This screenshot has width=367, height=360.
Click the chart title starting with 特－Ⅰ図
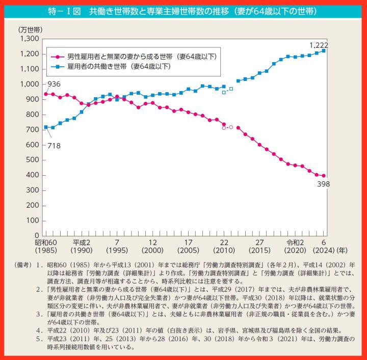pyautogui.click(x=183, y=11)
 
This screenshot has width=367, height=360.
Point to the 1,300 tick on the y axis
pyautogui.click(x=29, y=39)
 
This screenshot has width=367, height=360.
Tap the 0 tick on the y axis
pyautogui.click(x=37, y=236)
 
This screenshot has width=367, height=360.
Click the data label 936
pyautogui.click(x=55, y=84)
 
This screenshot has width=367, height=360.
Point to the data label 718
pyautogui.click(x=55, y=146)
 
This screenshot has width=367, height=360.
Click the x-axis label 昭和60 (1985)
pyautogui.click(x=45, y=246)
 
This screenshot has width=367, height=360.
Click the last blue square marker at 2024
pyautogui.click(x=324, y=50)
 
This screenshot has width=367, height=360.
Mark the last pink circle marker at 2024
pyautogui.click(x=324, y=176)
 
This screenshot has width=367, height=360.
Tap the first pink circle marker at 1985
pyautogui.click(x=46, y=94)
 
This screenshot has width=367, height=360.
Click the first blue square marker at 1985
pyautogui.click(x=46, y=127)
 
